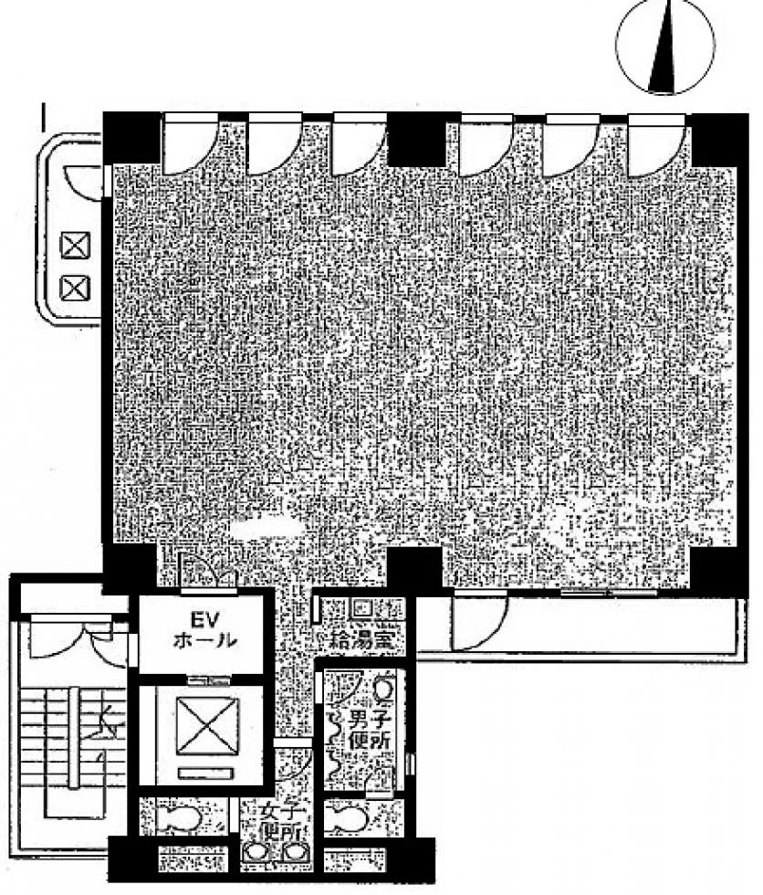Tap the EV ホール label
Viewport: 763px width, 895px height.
pos(204,630)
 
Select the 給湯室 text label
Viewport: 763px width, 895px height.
pos(362,640)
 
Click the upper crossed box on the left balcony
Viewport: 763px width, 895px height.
pos(76,247)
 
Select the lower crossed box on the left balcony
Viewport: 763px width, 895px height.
pos(76,288)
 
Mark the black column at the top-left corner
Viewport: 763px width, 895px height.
pos(130,138)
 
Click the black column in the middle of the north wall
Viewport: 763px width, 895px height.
pos(416,139)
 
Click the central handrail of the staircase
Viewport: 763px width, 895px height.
pos(73,738)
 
